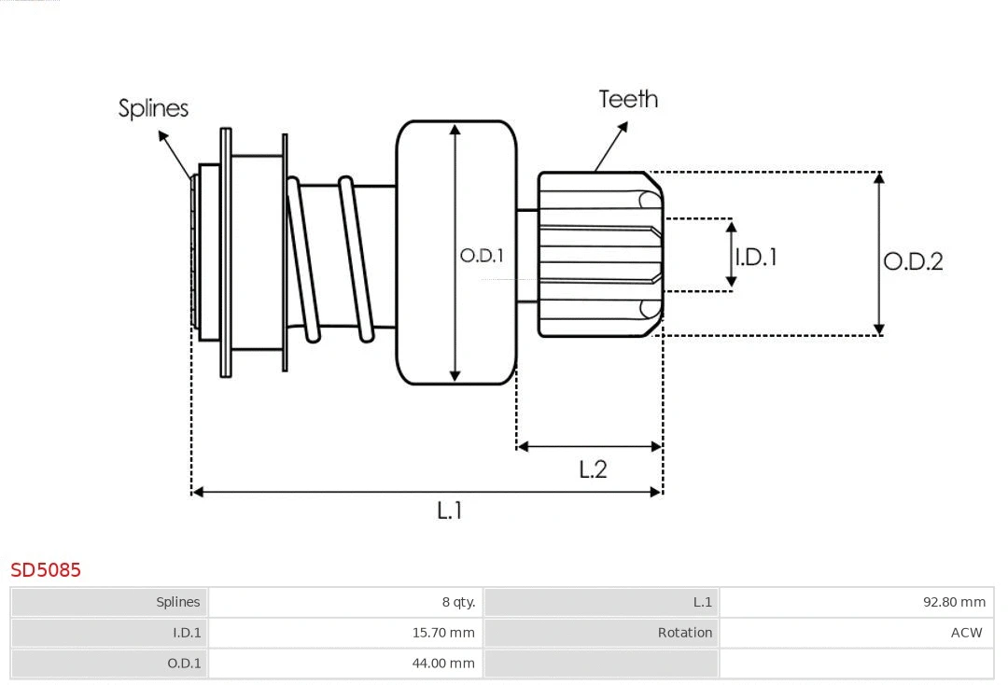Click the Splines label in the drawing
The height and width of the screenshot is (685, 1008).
pyautogui.click(x=153, y=108)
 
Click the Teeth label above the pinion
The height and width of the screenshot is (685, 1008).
pyautogui.click(x=628, y=99)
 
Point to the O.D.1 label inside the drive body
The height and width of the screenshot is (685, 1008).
pyautogui.click(x=482, y=256)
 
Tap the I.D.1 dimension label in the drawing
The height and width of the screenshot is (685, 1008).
pyautogui.click(x=756, y=257)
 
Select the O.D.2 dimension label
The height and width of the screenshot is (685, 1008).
pyautogui.click(x=913, y=261)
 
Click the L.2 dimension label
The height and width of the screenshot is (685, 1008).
pyautogui.click(x=593, y=469)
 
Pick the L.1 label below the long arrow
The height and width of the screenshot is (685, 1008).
pyautogui.click(x=449, y=510)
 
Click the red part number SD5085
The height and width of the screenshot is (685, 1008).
pyautogui.click(x=46, y=570)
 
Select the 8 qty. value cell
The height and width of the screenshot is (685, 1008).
pyautogui.click(x=458, y=602)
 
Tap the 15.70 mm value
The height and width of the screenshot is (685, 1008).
pyautogui.click(x=443, y=633)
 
